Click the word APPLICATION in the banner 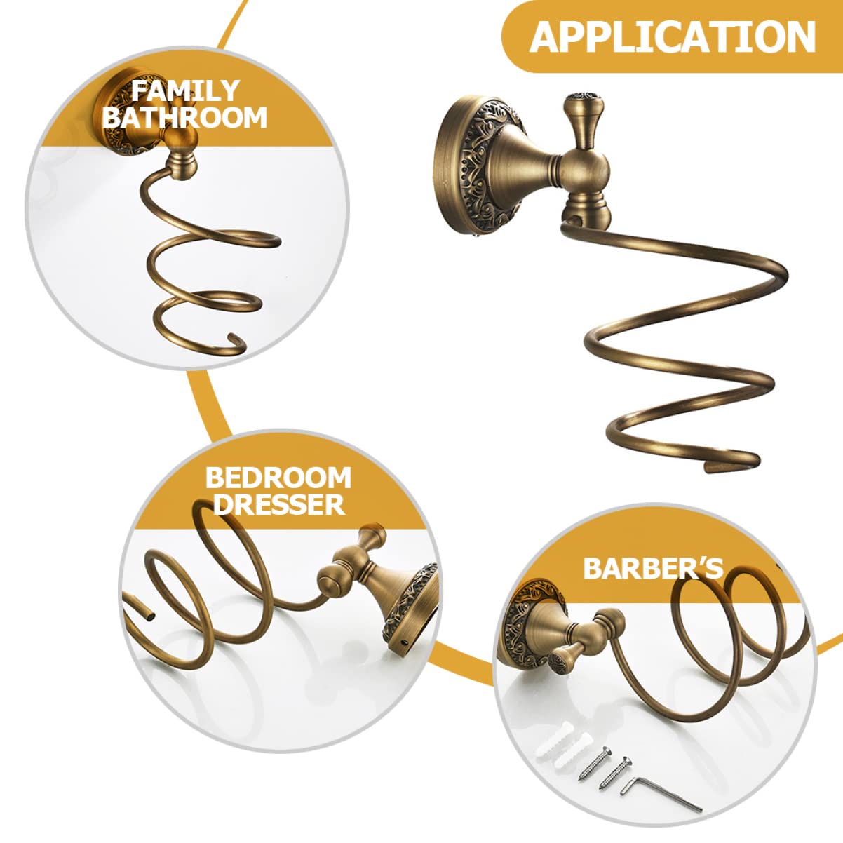673,36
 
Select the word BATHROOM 184,117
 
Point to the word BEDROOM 278,478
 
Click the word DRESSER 279,504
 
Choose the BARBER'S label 653,568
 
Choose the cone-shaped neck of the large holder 532,163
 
